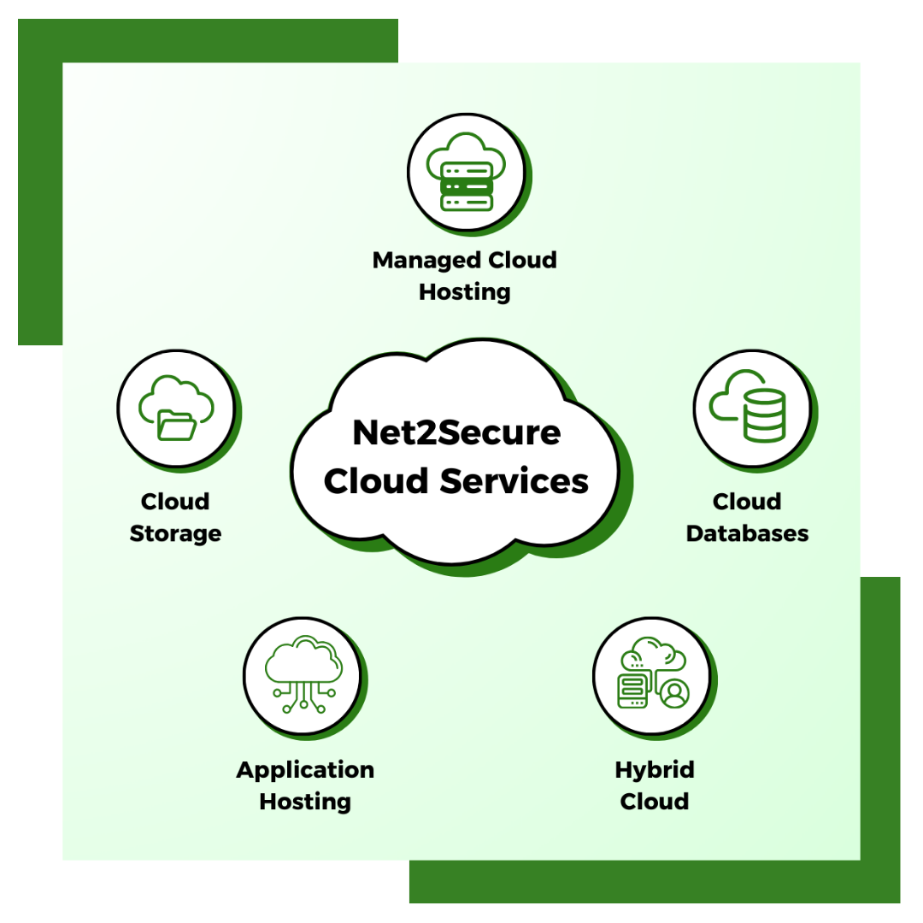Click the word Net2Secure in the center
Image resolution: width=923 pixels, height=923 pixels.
tap(456, 433)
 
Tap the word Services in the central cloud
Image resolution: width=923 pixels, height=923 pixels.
tap(514, 481)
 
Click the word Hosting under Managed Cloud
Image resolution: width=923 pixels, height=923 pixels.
tap(465, 292)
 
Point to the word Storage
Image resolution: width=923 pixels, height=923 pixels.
tap(175, 534)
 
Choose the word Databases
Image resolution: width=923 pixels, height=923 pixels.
tap(747, 534)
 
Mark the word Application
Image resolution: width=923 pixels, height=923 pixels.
tap(305, 771)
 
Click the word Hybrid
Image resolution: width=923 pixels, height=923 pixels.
tap(655, 771)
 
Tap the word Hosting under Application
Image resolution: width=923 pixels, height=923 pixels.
tap(305, 802)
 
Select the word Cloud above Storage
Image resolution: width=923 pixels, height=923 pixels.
tap(175, 502)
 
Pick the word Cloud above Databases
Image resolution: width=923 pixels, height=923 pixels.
tap(747, 502)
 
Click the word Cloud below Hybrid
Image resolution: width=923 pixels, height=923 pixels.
tap(655, 802)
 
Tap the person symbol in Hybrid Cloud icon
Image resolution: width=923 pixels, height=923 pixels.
tap(674, 693)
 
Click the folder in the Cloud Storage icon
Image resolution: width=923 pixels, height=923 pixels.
tap(177, 425)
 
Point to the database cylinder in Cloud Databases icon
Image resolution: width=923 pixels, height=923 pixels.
tap(763, 415)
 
